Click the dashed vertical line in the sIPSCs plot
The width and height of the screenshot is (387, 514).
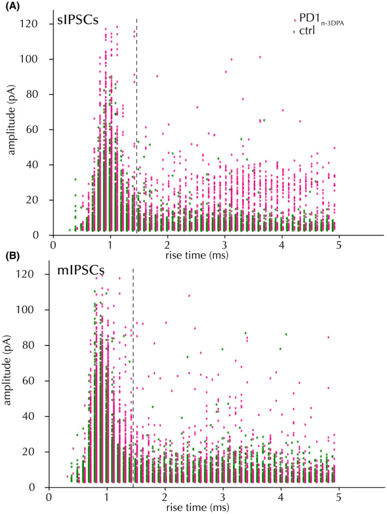136,109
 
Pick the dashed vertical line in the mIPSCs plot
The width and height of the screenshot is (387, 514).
133,355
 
